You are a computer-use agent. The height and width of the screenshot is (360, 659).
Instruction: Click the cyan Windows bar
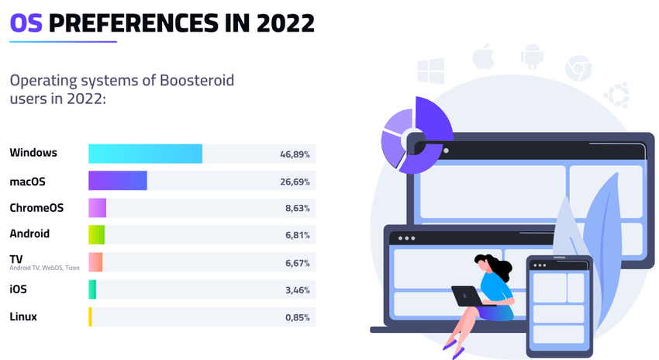point(145,154)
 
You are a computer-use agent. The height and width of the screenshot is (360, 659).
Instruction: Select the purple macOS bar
point(117,181)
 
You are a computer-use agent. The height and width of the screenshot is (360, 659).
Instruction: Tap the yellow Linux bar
point(90,317)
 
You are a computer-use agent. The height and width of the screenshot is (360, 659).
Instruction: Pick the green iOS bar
point(92,289)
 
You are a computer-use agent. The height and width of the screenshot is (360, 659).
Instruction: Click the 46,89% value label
point(295,154)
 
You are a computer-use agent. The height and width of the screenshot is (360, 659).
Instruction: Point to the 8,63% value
point(297,209)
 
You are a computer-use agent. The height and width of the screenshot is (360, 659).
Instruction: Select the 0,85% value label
point(297,317)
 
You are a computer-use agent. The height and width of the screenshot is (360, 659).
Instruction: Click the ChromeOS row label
point(36,208)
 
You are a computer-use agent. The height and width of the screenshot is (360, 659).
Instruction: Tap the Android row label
point(29,234)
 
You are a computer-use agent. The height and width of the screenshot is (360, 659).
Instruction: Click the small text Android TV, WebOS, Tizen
point(44,268)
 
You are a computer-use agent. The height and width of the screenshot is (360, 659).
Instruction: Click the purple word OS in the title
point(26,23)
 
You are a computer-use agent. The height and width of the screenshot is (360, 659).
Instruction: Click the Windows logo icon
point(430,71)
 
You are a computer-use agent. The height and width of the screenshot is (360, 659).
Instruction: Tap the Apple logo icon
point(484,57)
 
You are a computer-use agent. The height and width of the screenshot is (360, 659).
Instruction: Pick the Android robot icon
point(532,57)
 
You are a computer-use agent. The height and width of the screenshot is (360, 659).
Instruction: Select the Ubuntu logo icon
point(617,95)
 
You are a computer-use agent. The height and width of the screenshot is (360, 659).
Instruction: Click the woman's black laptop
point(468,296)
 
